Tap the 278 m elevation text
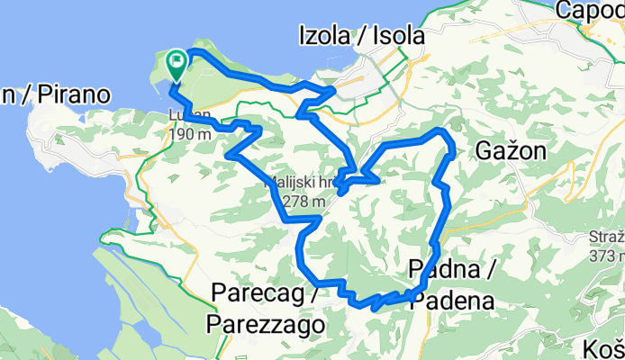click(x=302, y=202)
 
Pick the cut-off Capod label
click(x=590, y=10)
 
